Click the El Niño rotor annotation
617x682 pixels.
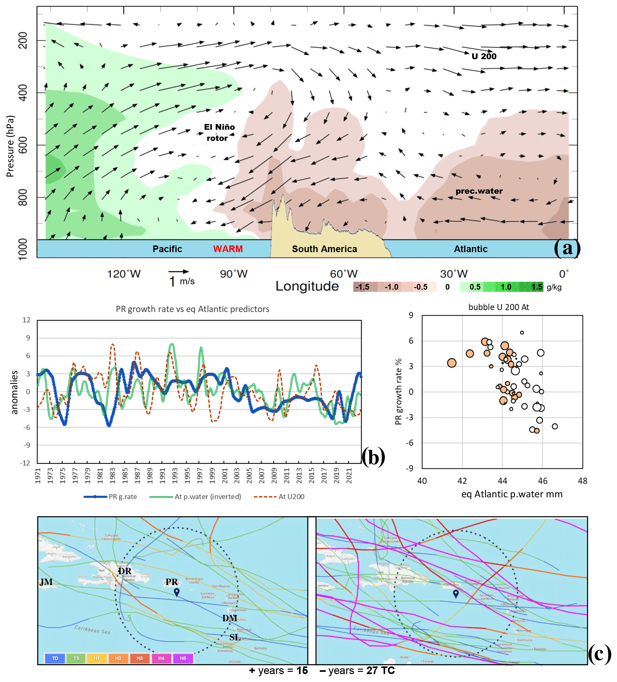click(x=219, y=132)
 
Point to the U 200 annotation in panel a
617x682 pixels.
click(x=484, y=56)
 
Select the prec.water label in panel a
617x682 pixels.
click(x=479, y=191)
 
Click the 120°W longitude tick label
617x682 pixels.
click(x=124, y=274)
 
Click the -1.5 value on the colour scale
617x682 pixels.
click(x=362, y=287)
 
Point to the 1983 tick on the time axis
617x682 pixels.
click(x=112, y=476)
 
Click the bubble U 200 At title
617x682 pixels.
click(x=499, y=307)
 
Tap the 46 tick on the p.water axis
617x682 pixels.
click(x=542, y=481)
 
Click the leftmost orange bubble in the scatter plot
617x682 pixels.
click(x=452, y=363)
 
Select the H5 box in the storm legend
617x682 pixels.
click(x=183, y=658)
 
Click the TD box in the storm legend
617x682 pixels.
click(x=55, y=658)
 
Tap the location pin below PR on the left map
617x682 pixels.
click(x=176, y=592)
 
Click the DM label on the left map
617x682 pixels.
click(x=230, y=618)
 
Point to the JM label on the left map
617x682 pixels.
click(x=46, y=582)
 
